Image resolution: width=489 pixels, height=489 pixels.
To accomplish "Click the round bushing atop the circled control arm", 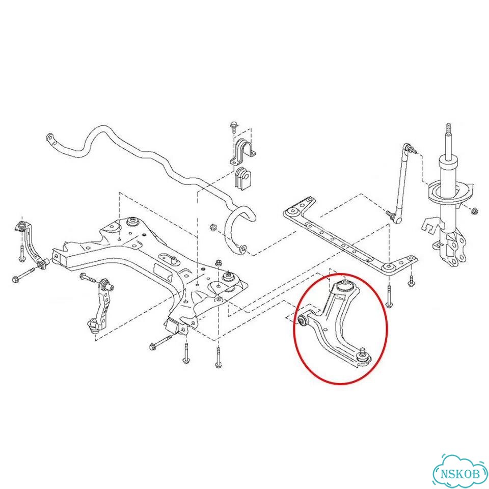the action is pos(345,285).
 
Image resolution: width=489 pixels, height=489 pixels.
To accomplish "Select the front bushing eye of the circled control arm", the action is pos(302,320).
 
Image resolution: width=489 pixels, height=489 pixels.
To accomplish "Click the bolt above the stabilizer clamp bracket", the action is pos(233,127).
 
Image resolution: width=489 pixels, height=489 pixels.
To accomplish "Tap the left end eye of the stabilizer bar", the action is pos(50,138).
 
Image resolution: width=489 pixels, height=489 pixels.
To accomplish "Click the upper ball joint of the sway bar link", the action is pos(407,147).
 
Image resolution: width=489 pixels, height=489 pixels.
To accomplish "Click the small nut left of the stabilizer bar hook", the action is pos(213,226).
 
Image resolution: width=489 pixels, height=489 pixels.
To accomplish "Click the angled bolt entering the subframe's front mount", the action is pos(161,342).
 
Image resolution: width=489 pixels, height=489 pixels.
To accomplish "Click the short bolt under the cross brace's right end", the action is pos(412,280).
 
